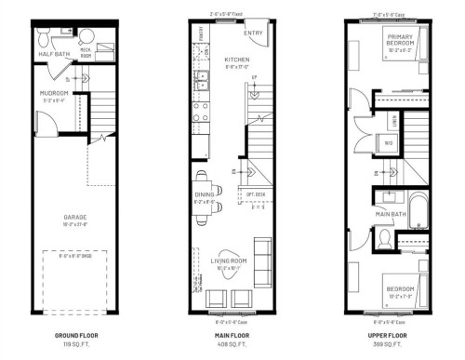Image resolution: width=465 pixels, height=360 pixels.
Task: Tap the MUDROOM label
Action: click(55, 93)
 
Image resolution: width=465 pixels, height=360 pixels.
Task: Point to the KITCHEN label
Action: click(238, 60)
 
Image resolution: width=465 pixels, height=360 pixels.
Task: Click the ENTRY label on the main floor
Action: click(251, 33)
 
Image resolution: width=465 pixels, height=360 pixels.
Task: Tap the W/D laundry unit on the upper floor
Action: click(389, 143)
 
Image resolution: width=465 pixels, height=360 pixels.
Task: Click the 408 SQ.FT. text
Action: click(232, 343)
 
